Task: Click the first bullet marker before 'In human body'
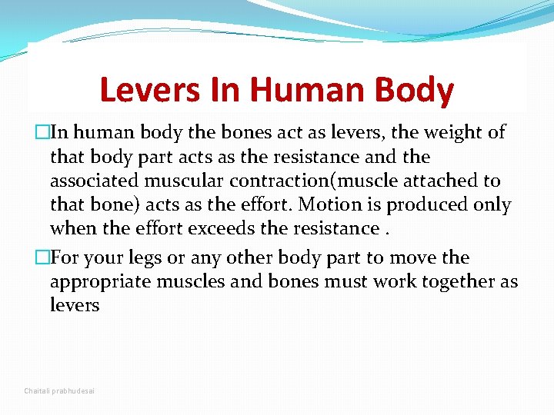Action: pos(30,133)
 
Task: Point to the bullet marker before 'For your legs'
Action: pos(30,257)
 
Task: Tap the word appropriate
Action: pos(100,282)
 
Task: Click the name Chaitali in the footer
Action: pos(36,391)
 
